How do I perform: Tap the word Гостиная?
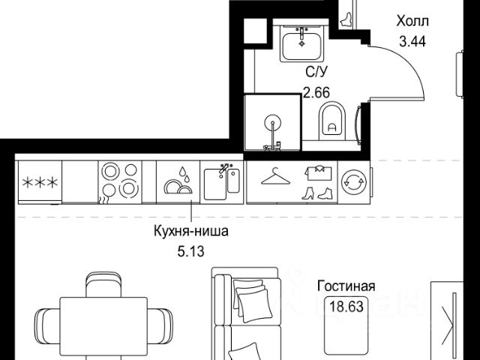[346, 286]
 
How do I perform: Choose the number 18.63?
[346, 305]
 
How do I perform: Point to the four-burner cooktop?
[118, 181]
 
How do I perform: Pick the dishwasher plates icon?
[177, 181]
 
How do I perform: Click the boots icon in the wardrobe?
[315, 192]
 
